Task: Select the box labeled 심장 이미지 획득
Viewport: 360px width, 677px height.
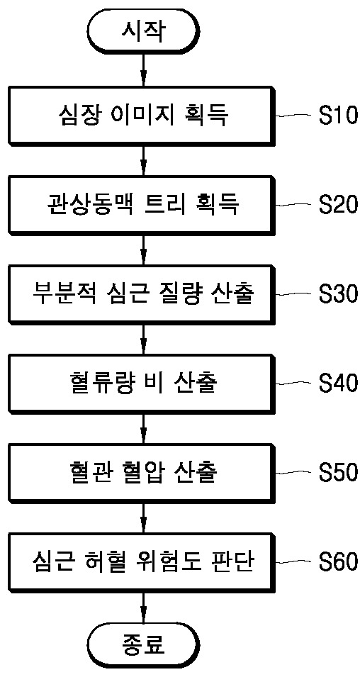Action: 143,114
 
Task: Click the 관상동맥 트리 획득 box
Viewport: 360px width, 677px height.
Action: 143,203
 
